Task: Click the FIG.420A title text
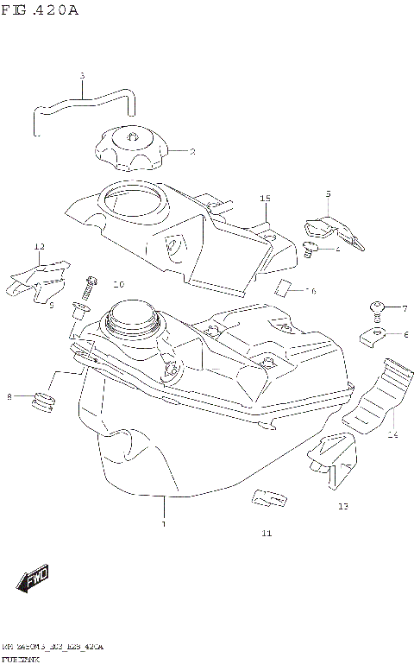point(41,11)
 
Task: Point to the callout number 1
point(161,523)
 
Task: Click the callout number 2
point(191,151)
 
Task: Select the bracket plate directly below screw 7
point(373,334)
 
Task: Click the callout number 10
point(118,284)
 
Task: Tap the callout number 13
point(342,506)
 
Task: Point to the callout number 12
point(39,247)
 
